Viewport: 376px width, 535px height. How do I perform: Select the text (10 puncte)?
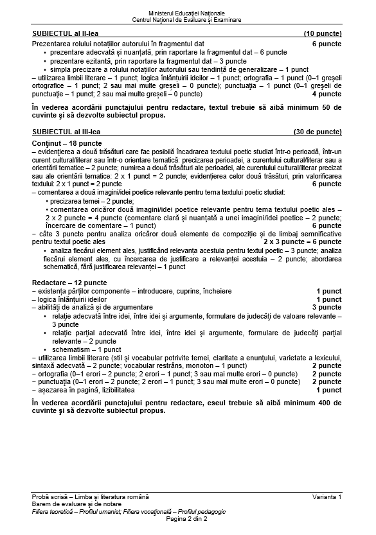(x=322, y=33)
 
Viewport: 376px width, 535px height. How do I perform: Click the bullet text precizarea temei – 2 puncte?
(x=87, y=201)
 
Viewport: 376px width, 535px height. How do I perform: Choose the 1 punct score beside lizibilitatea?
(x=328, y=390)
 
